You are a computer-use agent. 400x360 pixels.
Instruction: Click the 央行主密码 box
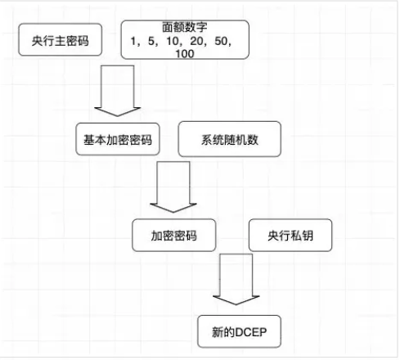(x=61, y=40)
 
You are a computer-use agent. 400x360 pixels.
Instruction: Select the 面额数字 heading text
(x=185, y=27)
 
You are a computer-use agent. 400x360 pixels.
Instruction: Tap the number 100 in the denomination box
(x=185, y=53)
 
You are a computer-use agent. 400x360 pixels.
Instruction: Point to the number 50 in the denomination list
(x=221, y=41)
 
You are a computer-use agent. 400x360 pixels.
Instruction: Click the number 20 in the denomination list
(x=196, y=41)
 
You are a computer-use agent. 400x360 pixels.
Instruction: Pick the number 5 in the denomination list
(x=151, y=41)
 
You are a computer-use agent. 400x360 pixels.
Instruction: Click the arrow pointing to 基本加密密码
(x=118, y=91)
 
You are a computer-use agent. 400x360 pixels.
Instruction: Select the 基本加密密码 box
(x=118, y=139)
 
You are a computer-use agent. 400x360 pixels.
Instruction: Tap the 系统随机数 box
(x=230, y=139)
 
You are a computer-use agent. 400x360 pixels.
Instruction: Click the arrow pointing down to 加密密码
(x=173, y=187)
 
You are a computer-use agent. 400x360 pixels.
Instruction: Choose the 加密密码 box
(x=174, y=235)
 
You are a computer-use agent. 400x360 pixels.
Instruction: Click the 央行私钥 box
(x=290, y=235)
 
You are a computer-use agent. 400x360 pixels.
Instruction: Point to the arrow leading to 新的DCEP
(x=236, y=279)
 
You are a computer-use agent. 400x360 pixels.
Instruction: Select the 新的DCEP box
(x=239, y=331)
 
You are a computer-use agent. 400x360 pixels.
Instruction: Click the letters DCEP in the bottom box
(x=250, y=332)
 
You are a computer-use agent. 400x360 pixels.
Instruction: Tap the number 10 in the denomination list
(x=173, y=41)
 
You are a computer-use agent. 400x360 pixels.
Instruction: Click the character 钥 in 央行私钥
(x=308, y=236)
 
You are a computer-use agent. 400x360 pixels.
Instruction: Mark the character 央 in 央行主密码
(x=38, y=41)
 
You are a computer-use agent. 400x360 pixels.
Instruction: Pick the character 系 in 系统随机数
(x=207, y=140)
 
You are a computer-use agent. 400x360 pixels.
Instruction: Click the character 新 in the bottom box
(x=218, y=332)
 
